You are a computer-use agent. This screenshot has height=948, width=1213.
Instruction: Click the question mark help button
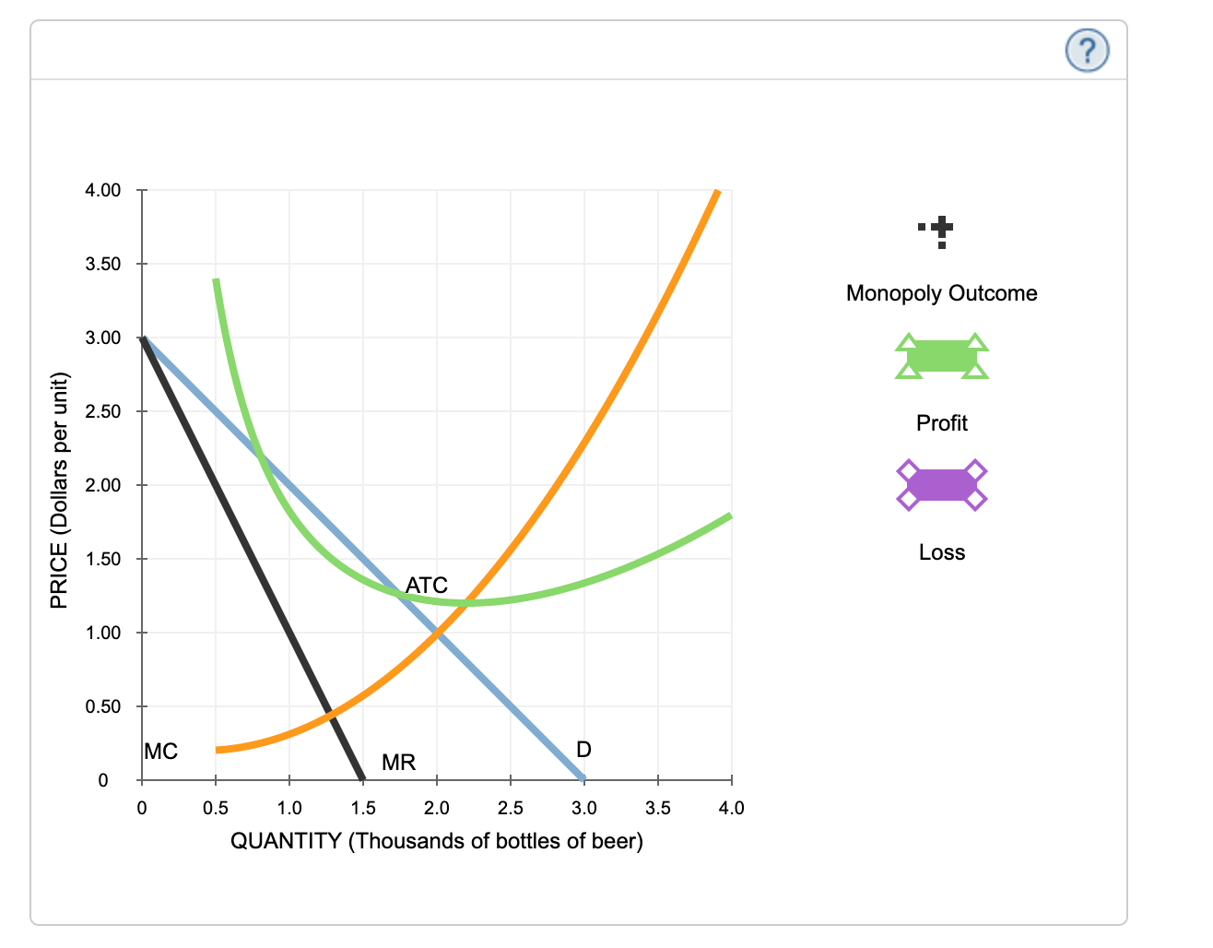point(1087,50)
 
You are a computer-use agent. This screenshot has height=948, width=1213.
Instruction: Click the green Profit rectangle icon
point(941,356)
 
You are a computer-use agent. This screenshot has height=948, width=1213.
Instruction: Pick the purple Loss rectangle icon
point(941,485)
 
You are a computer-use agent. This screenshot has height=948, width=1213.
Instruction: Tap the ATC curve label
point(426,585)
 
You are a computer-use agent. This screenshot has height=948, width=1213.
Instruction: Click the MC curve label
point(160,752)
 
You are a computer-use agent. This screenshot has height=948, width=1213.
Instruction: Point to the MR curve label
point(398,762)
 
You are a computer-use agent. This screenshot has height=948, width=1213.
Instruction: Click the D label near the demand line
point(583,749)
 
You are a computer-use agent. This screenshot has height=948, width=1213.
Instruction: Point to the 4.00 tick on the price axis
point(102,191)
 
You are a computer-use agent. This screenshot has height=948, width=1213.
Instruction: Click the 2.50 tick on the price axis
point(102,411)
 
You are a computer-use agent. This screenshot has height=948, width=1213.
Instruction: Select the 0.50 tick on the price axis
point(102,706)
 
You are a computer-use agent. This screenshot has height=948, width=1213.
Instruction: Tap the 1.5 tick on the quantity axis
point(363,808)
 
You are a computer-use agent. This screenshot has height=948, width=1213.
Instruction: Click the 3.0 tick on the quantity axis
point(583,808)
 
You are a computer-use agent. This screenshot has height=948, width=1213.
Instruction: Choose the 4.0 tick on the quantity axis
point(731,808)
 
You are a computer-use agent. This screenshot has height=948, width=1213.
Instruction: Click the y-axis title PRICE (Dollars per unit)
point(59,490)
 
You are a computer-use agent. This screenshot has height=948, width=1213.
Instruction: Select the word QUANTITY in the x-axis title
point(286,841)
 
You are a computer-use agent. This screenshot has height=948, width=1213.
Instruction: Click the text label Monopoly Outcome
point(941,293)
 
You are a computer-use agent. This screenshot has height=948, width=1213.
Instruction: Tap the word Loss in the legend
point(941,552)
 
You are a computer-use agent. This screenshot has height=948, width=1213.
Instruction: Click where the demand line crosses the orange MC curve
point(437,633)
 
